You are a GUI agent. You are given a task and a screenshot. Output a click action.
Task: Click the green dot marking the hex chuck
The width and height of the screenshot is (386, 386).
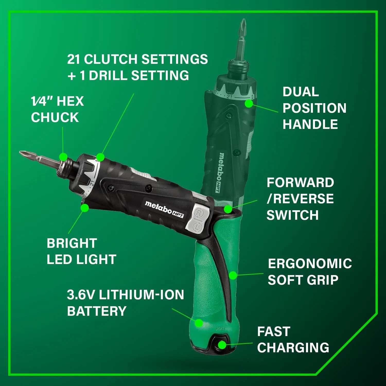pyautogui.click(x=63, y=156)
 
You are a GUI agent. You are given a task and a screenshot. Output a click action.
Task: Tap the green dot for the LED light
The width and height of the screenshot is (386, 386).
pyautogui.click(x=85, y=208)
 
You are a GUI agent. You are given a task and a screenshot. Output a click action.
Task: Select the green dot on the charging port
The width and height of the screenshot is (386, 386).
pyautogui.click(x=222, y=345)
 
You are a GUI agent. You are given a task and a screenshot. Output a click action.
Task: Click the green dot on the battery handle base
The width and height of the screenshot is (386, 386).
pyautogui.click(x=199, y=323)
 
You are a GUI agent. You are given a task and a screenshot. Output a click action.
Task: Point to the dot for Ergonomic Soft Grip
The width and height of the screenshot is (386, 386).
pyautogui.click(x=233, y=275)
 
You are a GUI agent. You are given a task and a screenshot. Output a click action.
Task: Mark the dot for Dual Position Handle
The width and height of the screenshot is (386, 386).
pyautogui.click(x=249, y=103)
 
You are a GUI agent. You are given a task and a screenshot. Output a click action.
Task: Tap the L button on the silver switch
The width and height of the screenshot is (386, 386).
pyautogui.click(x=197, y=226)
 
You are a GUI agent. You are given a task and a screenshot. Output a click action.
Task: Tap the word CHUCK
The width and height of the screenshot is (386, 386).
pyautogui.click(x=55, y=118)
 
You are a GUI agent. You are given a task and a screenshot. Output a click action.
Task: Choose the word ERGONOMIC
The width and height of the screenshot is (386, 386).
pyautogui.click(x=310, y=264)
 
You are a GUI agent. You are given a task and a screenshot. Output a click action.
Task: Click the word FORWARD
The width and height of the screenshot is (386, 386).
pyautogui.click(x=300, y=183)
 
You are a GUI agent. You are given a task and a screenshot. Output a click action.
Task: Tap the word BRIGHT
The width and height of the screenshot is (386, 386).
pyautogui.click(x=72, y=243)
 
